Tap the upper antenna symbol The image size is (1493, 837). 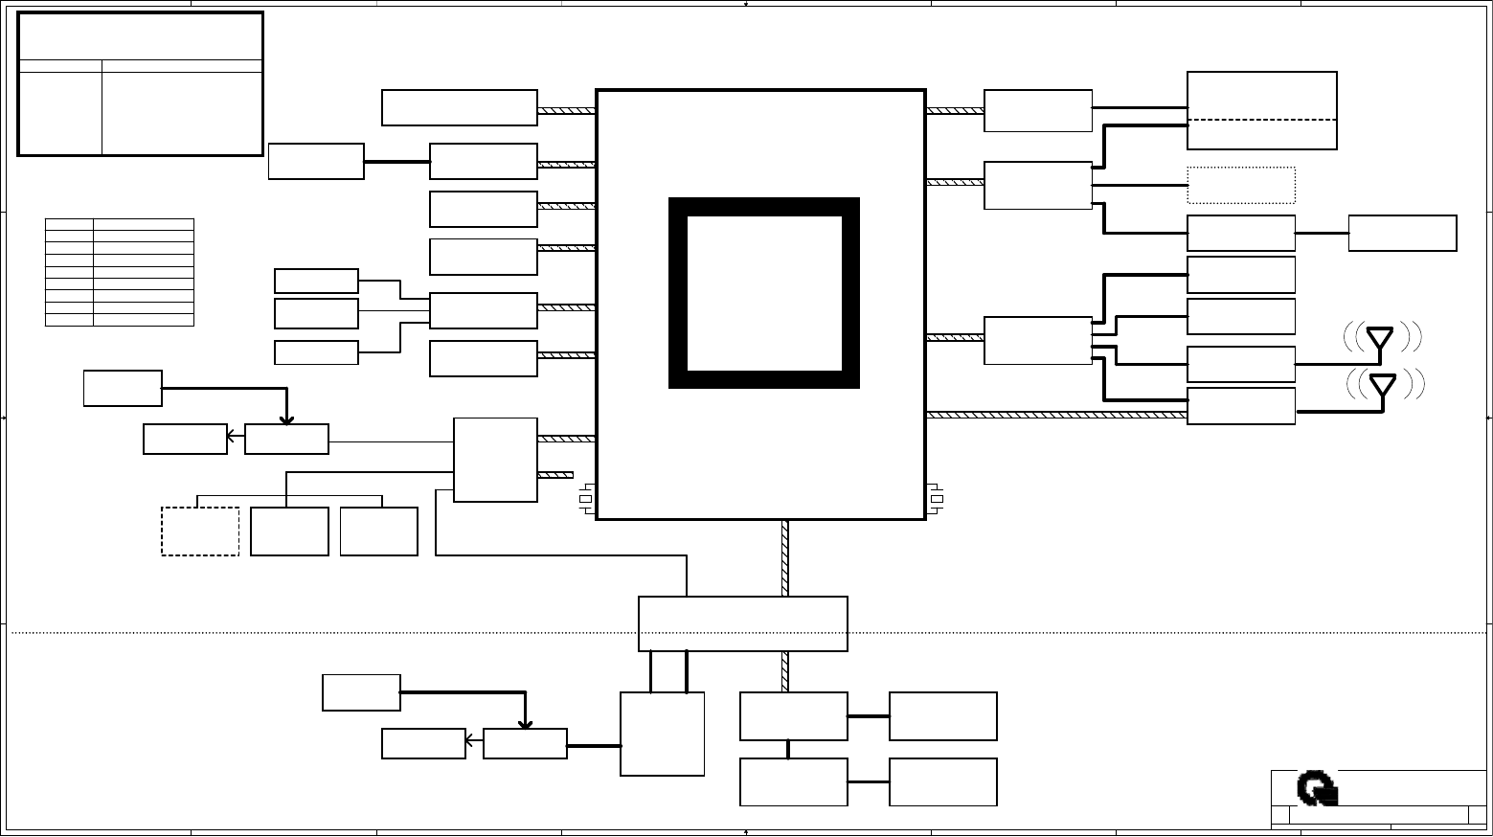[x=1379, y=338]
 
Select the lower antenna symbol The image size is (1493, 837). [x=1383, y=385]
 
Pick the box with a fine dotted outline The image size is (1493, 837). [x=1241, y=185]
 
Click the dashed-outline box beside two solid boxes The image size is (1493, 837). [x=200, y=531]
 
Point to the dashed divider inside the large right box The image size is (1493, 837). [x=1262, y=120]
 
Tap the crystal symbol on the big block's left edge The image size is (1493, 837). [x=586, y=499]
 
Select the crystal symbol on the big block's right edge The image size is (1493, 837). [x=937, y=499]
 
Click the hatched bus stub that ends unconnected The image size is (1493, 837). [x=555, y=475]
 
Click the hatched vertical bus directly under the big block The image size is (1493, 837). [x=785, y=557]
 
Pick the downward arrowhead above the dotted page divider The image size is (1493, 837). [x=286, y=418]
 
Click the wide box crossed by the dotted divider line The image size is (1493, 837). [x=742, y=623]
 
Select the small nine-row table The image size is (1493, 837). [x=120, y=272]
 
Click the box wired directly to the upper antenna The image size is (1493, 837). [x=1241, y=364]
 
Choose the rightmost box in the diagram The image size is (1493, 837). [x=1402, y=233]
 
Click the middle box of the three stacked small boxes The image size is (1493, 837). [x=316, y=313]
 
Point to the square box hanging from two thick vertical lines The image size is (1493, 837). [x=662, y=734]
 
